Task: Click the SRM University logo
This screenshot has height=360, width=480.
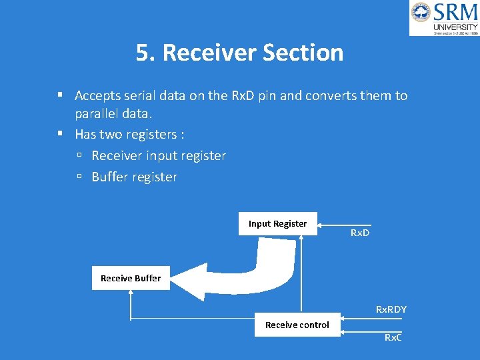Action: tap(444, 18)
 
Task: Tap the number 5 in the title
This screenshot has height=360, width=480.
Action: tap(142, 53)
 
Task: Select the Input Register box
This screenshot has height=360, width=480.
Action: tap(277, 224)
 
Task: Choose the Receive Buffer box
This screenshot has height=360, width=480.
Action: tap(130, 278)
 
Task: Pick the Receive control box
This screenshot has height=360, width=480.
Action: tap(297, 325)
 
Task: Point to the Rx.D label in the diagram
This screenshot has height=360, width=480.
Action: tap(360, 233)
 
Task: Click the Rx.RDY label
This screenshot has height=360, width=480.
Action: tap(391, 309)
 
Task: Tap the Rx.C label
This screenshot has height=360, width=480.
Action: tap(393, 337)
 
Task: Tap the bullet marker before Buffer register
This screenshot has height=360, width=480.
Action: tap(79, 177)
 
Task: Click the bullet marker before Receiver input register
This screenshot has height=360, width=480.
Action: tap(79, 156)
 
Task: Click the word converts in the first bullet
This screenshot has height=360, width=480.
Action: tap(331, 95)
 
